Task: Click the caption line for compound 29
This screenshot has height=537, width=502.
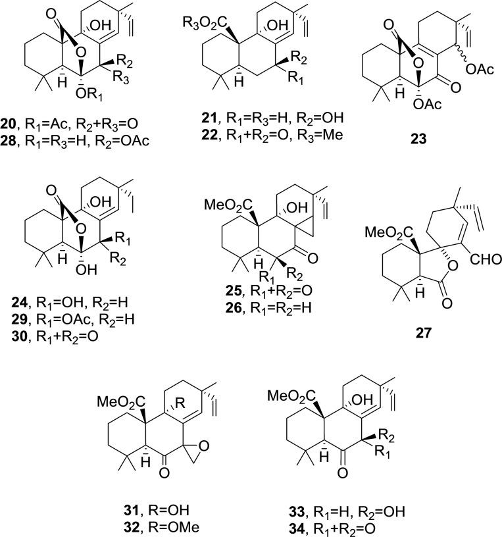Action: (78, 330)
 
